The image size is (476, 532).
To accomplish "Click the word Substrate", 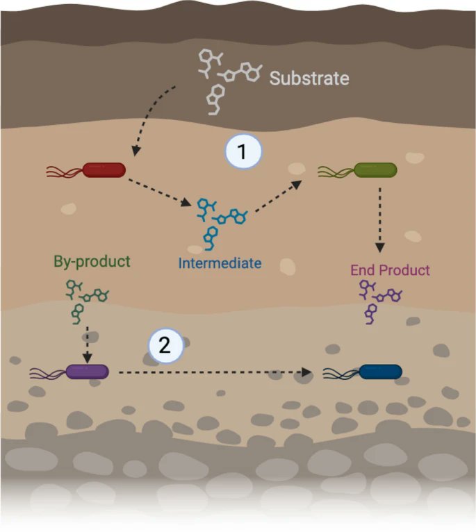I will [309, 78].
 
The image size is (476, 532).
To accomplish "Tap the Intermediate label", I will [220, 263].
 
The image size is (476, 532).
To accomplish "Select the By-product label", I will [92, 262].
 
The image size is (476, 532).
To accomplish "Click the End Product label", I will [390, 270].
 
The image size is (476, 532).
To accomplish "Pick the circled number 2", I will [165, 345].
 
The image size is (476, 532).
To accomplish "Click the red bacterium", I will [104, 169].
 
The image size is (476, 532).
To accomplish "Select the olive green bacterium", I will [375, 169].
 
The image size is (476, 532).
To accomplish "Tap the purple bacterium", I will [87, 373].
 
